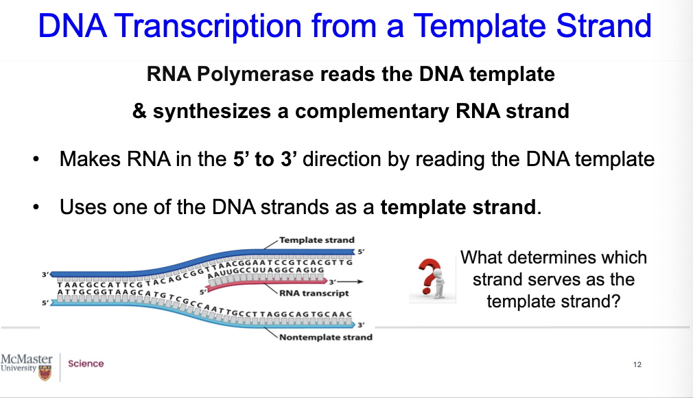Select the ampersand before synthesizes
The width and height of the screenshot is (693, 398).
tap(139, 110)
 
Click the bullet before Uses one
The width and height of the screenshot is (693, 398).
tap(34, 207)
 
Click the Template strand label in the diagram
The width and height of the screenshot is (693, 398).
tap(316, 240)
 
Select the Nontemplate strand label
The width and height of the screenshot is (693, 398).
tap(325, 337)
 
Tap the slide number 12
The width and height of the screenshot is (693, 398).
tap(637, 364)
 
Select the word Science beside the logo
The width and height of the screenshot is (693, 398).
tap(86, 364)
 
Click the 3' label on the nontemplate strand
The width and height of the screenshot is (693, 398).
tap(361, 325)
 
